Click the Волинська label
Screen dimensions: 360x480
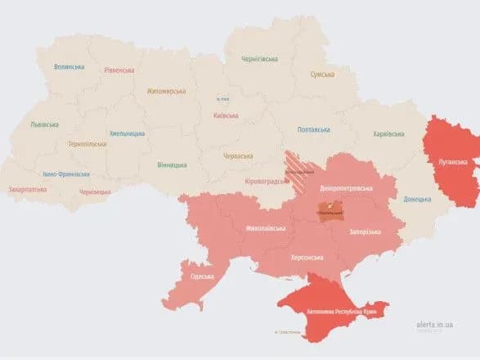coord(69,67)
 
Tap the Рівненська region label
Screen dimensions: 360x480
coord(119,70)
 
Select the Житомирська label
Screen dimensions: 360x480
coord(166,92)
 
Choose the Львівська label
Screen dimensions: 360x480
coord(44,124)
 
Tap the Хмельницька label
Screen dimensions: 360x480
coord(127,133)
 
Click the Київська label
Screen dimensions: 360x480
coord(225,115)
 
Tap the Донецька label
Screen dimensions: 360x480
coord(416,199)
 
